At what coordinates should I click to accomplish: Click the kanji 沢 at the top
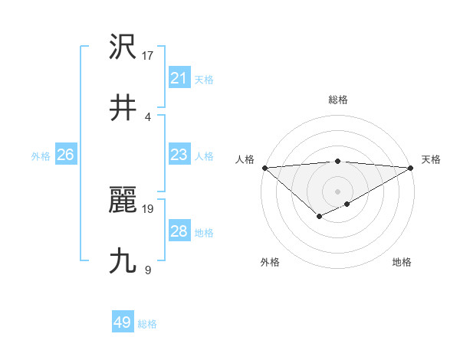[x=123, y=47]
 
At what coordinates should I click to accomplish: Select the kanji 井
[x=123, y=108]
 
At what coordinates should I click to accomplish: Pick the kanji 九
[x=123, y=261]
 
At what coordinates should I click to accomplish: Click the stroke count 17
[x=148, y=54]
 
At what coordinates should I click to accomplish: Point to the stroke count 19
[x=148, y=208]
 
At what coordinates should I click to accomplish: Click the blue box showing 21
[x=179, y=78]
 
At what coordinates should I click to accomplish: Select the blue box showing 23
[x=179, y=155]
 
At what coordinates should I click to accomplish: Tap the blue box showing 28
[x=179, y=231]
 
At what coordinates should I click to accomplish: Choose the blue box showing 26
[x=65, y=155]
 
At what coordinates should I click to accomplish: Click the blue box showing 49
[x=122, y=322]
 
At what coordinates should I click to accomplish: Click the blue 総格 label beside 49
[x=147, y=324]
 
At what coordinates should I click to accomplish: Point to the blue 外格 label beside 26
[x=41, y=156]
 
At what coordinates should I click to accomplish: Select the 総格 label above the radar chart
[x=337, y=100]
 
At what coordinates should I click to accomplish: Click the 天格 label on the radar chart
[x=431, y=159]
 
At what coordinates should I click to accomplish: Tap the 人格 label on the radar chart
[x=245, y=159]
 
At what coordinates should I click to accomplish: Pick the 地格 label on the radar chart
[x=402, y=262]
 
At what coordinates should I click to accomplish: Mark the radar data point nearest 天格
[x=411, y=167]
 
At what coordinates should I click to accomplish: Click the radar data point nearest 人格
[x=264, y=167]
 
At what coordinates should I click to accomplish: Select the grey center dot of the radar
[x=337, y=191]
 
